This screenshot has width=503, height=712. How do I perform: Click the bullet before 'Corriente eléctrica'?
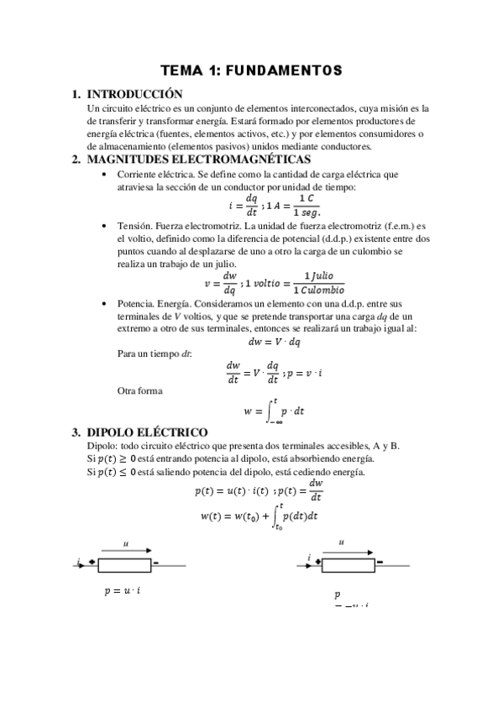point(102,175)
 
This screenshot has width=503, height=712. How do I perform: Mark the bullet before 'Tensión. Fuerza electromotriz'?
point(102,227)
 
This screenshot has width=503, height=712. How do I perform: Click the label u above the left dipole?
point(123,543)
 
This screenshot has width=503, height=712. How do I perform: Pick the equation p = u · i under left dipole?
point(123,591)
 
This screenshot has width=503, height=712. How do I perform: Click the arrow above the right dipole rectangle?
point(346,552)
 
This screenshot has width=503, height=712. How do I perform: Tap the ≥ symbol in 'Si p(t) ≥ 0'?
point(126,458)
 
